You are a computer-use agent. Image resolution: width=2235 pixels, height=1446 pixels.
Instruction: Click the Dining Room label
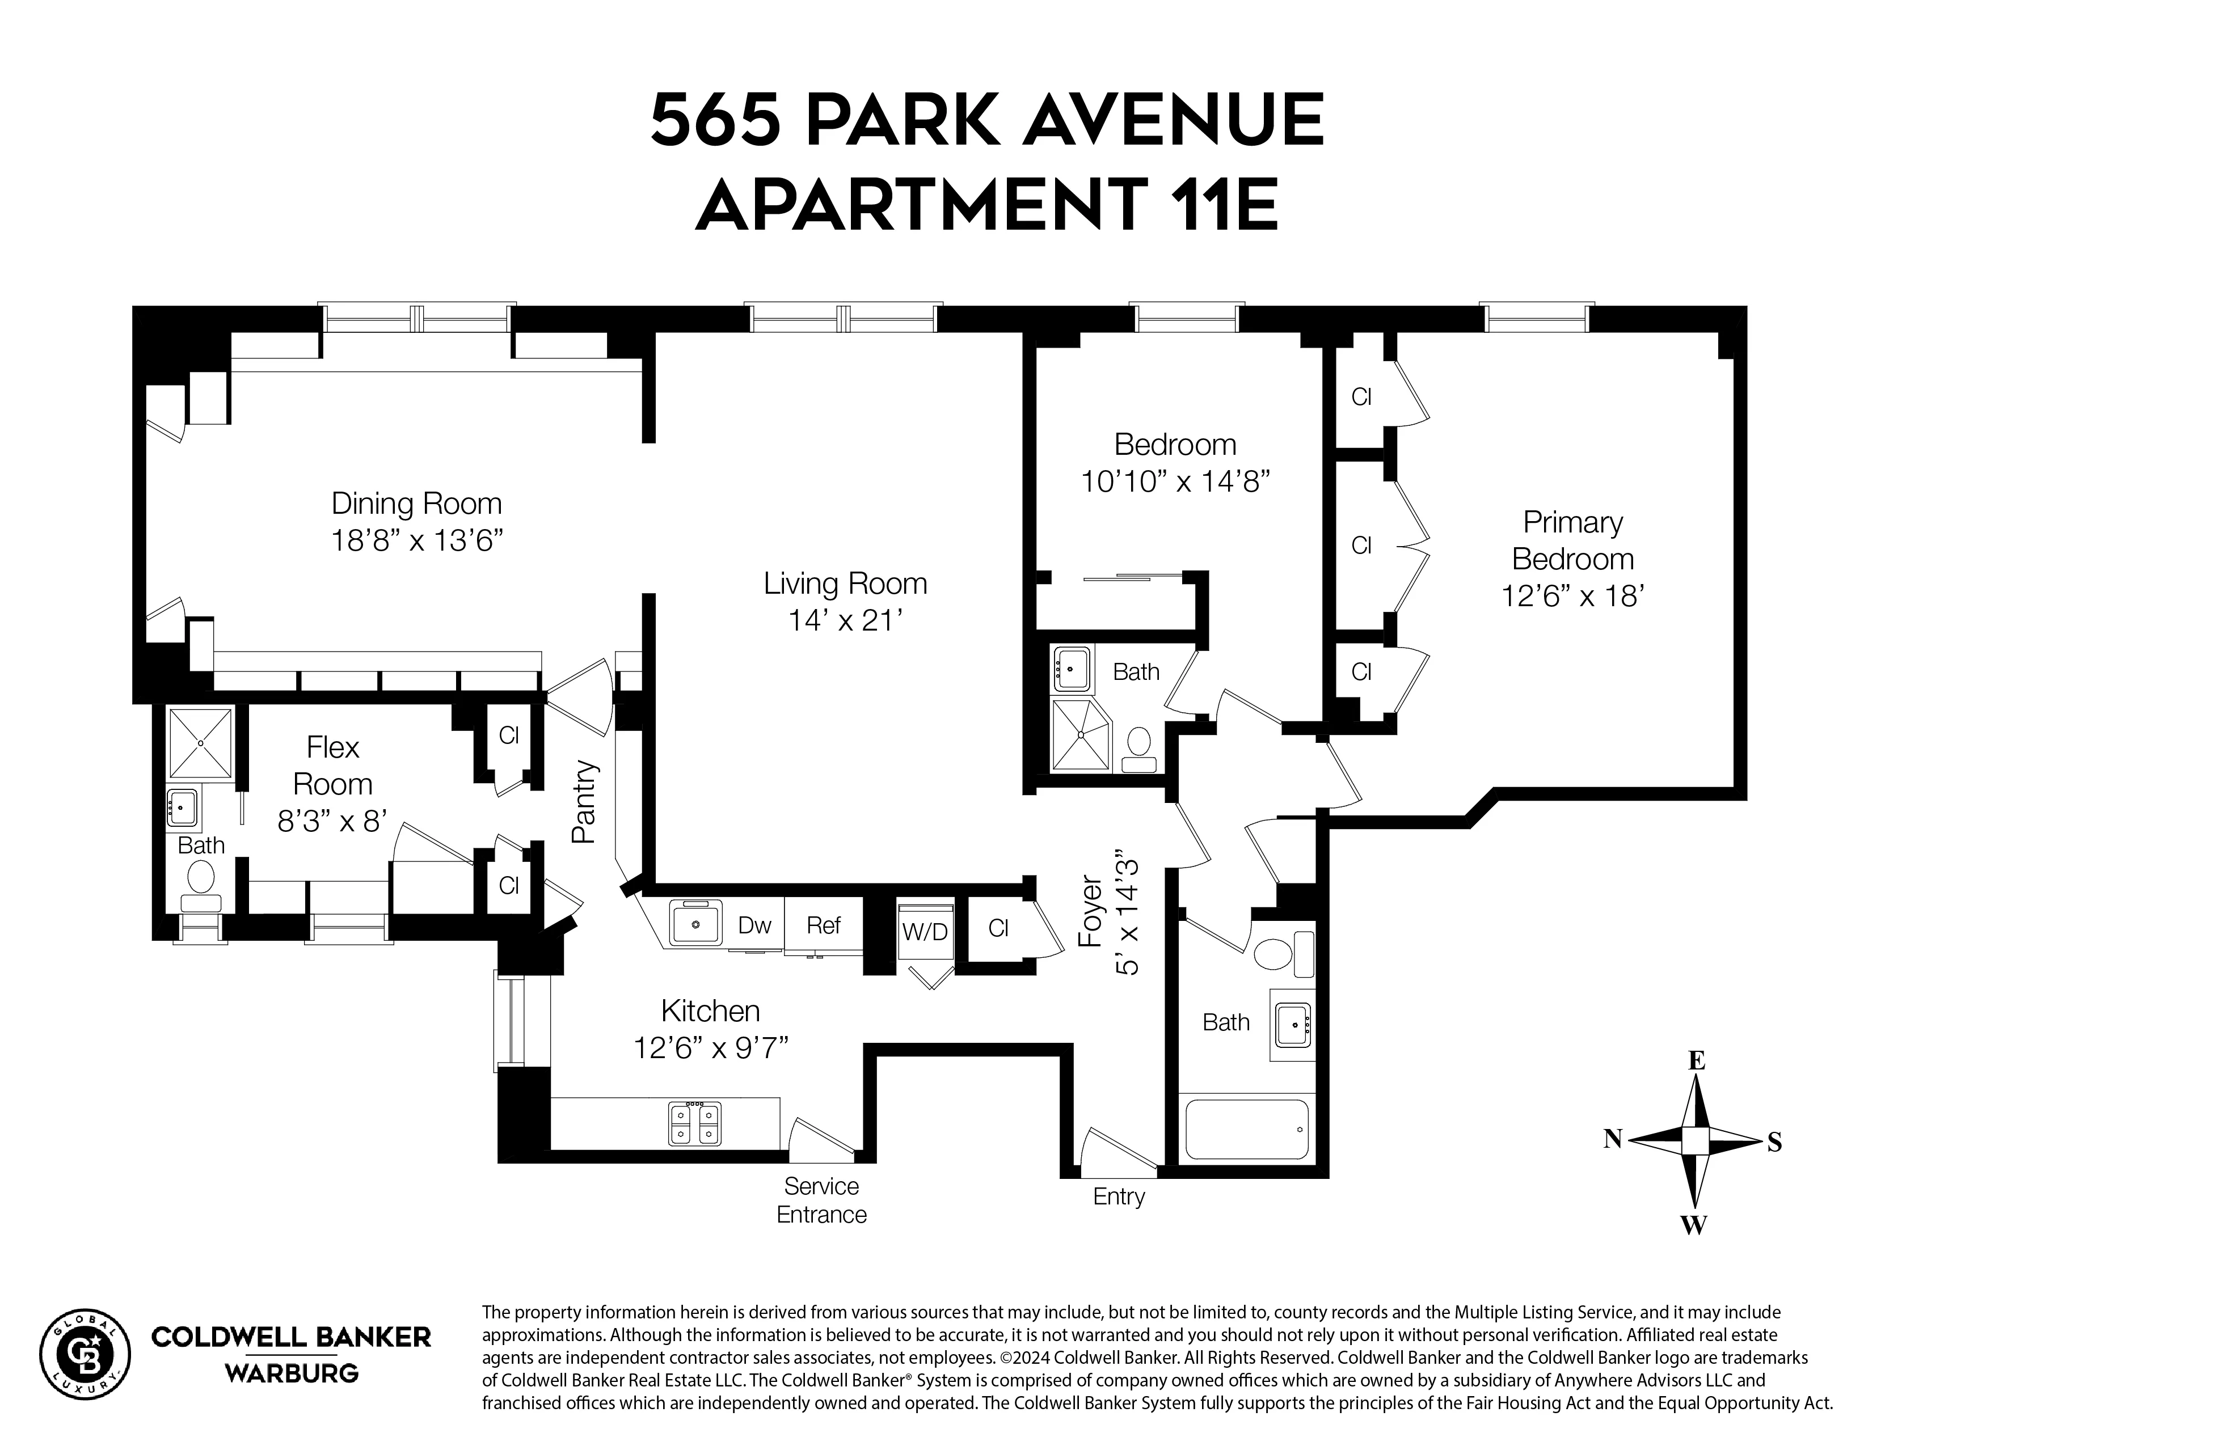click(x=416, y=504)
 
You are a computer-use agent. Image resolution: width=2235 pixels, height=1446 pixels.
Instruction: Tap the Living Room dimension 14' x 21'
click(x=845, y=621)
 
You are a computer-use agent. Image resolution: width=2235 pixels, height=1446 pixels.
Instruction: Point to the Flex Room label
click(x=332, y=766)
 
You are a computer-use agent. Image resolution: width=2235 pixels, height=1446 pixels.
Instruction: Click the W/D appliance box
click(x=925, y=932)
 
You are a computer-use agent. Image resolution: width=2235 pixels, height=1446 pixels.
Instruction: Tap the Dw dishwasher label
click(x=754, y=926)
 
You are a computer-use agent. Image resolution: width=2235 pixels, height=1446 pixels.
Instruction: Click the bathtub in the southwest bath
click(x=1246, y=1130)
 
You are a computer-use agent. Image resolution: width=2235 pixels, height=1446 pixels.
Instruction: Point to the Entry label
click(x=1119, y=1196)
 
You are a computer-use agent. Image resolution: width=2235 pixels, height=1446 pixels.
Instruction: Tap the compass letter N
click(x=1612, y=1139)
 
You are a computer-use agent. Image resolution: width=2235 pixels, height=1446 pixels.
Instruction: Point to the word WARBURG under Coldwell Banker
click(x=291, y=1373)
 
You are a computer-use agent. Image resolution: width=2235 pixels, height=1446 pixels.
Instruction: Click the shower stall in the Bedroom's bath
click(x=1081, y=734)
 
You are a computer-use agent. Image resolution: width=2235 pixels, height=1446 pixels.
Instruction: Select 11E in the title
click(x=1224, y=205)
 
